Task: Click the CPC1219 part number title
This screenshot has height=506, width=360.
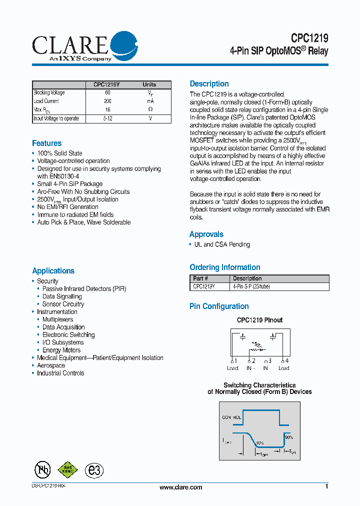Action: pyautogui.click(x=309, y=38)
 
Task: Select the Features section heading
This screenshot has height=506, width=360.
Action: pyautogui.click(x=47, y=143)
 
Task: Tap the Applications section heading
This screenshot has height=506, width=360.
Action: pyautogui.click(x=53, y=271)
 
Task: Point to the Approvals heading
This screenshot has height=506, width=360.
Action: pyautogui.click(x=206, y=234)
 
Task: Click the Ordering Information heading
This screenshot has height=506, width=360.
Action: pyautogui.click(x=225, y=267)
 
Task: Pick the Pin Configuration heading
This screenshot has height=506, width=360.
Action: pyautogui.click(x=219, y=306)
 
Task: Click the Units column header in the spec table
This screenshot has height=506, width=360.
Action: pyautogui.click(x=149, y=84)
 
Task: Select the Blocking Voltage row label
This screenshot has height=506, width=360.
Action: pyautogui.click(x=49, y=92)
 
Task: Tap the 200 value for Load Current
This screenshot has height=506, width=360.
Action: pyautogui.click(x=107, y=101)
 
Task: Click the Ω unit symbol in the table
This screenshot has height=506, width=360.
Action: pyautogui.click(x=150, y=109)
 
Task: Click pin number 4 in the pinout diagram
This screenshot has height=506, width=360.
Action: pyautogui.click(x=286, y=361)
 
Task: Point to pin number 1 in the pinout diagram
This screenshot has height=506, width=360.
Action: pyautogui.click(x=235, y=361)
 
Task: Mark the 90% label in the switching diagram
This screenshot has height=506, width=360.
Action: pyautogui.click(x=289, y=437)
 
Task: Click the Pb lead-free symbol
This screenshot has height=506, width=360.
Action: pyautogui.click(x=42, y=469)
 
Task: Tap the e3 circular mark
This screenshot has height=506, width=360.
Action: pyautogui.click(x=93, y=470)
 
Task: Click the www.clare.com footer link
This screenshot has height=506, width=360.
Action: pyautogui.click(x=180, y=487)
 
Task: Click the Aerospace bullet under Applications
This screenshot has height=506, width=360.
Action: pyautogui.click(x=51, y=365)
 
